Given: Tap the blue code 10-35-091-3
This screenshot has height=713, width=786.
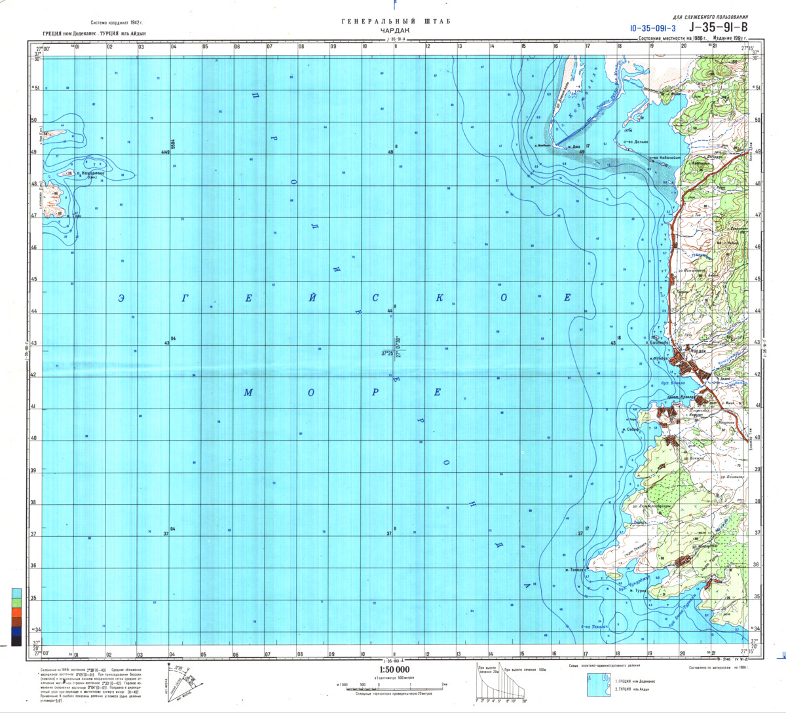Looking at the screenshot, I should [x=652, y=28].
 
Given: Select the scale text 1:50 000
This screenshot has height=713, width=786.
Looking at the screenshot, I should [x=394, y=669].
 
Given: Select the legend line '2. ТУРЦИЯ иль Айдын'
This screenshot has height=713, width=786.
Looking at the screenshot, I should [x=633, y=689].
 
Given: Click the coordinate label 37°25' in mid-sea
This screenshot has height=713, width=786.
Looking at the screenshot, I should [x=387, y=354].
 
